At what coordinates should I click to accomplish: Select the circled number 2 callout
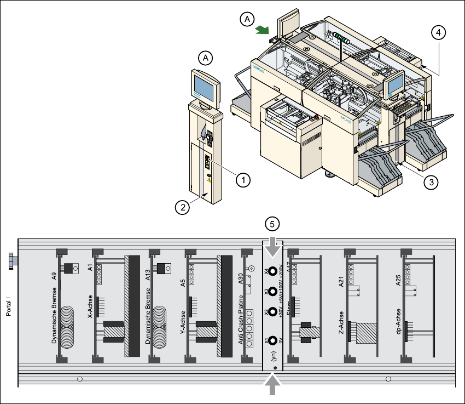183,207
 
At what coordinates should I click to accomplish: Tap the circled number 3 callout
432,183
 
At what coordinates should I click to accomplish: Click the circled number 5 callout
272,224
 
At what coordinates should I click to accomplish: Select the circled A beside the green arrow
247,19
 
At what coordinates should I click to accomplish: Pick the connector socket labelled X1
272,340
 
